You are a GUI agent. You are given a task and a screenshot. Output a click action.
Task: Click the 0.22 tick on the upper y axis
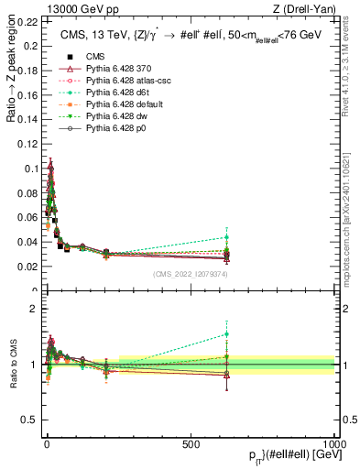[27, 20]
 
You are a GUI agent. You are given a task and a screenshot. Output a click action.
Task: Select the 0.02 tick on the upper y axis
[27, 267]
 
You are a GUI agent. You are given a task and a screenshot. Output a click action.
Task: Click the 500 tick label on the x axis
[191, 444]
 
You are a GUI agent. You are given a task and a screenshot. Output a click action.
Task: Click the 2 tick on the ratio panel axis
[34, 309]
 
